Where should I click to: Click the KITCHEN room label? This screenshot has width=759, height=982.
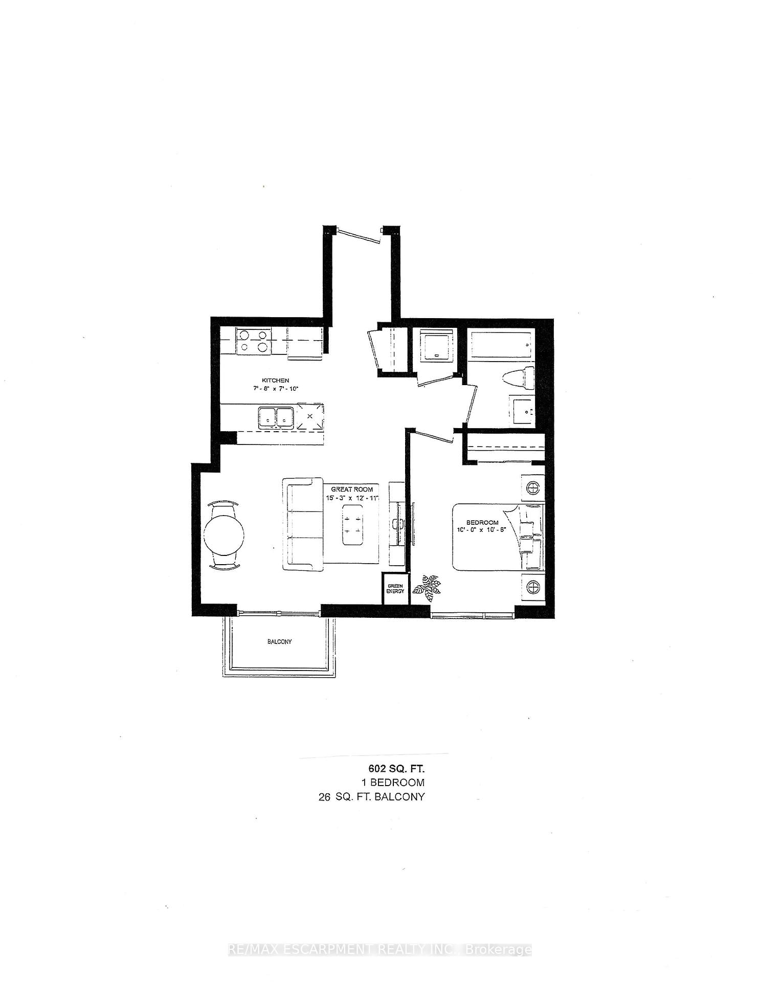(275, 380)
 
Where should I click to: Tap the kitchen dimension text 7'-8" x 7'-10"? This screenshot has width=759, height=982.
(275, 389)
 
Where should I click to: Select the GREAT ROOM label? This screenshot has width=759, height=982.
(352, 489)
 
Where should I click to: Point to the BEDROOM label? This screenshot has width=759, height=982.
(482, 522)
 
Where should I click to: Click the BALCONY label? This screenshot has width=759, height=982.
(279, 641)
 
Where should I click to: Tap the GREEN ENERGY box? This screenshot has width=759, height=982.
(395, 589)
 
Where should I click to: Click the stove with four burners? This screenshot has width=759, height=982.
(253, 341)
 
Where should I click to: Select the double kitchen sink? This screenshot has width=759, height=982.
(276, 417)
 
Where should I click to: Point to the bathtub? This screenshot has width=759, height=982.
(501, 344)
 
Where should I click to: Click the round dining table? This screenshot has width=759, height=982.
(224, 535)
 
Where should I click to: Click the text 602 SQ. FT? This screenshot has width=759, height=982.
(396, 768)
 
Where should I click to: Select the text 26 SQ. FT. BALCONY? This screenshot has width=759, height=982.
(371, 797)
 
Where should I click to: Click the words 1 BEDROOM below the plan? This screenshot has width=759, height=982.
(393, 783)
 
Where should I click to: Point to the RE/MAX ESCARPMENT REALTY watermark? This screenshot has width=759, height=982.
(379, 950)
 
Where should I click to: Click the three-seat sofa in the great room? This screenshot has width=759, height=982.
(303, 524)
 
